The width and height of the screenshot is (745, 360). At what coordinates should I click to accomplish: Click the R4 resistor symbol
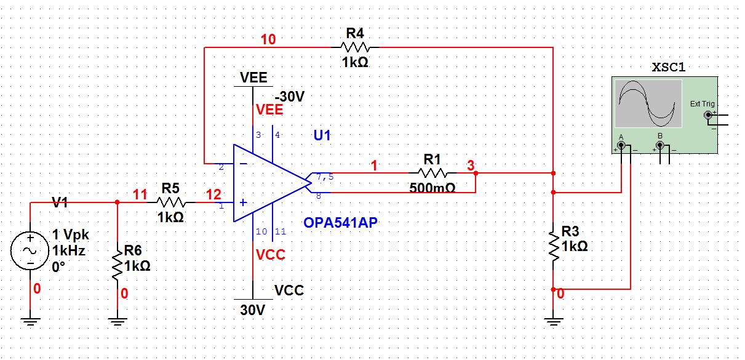coord(356,46)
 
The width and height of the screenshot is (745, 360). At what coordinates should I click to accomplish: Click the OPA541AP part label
coord(340,222)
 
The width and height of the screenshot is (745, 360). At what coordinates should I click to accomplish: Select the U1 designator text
coord(322,135)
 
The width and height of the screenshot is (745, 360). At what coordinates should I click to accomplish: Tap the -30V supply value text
coord(290,97)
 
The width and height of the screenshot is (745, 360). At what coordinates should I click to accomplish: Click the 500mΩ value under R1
coord(432,188)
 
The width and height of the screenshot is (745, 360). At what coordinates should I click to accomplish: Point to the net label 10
coord(268,40)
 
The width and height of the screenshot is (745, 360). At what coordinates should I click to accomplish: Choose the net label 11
coord(140,195)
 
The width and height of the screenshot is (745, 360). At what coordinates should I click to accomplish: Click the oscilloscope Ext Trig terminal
coord(708,114)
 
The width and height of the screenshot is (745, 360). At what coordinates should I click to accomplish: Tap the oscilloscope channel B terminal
coord(660,146)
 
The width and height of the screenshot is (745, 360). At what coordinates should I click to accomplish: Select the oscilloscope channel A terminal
coord(621,146)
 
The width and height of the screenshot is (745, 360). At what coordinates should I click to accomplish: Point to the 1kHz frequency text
coord(68,250)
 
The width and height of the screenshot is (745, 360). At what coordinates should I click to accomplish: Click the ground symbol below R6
coord(117,319)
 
